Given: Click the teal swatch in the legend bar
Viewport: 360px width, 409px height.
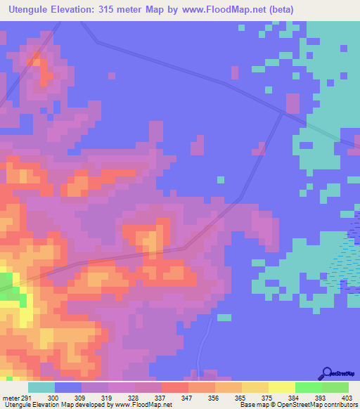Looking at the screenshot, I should click(x=41, y=387).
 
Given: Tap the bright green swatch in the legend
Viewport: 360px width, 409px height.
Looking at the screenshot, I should click(x=308, y=387).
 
